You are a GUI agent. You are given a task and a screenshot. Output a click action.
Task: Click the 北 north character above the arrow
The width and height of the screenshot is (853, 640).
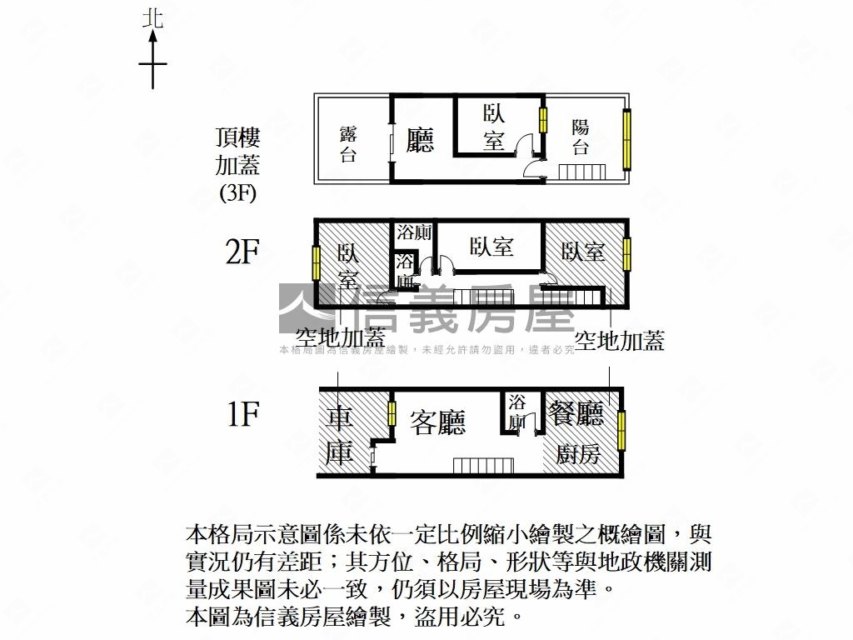(x=152, y=18)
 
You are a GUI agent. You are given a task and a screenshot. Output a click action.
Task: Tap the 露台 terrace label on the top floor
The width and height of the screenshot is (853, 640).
(x=348, y=144)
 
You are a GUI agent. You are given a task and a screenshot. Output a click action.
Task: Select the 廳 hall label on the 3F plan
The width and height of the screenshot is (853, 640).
(x=420, y=138)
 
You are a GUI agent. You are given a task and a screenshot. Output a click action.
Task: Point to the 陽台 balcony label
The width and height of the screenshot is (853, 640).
(x=581, y=137)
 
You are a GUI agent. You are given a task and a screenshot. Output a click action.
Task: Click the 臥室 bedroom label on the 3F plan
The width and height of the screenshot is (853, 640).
(x=494, y=127)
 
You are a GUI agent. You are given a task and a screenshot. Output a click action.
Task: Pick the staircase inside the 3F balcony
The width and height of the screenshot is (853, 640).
(x=581, y=172)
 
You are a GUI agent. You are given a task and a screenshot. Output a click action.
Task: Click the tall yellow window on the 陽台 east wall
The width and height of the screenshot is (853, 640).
(x=626, y=139)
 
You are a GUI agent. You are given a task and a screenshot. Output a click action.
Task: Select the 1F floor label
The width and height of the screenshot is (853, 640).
(x=242, y=413)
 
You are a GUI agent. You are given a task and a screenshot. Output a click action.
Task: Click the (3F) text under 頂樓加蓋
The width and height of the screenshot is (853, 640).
(x=237, y=193)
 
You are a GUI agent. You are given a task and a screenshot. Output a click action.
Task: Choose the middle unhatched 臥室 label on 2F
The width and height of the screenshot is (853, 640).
(x=491, y=247)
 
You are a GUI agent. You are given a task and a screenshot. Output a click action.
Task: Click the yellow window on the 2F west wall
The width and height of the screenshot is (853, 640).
(x=317, y=262)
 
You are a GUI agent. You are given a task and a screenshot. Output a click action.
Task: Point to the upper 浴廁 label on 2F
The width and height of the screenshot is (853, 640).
(x=413, y=232)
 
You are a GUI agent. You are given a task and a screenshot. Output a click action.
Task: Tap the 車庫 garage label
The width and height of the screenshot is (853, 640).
(x=340, y=433)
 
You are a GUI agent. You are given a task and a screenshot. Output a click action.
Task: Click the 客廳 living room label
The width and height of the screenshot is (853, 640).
(x=438, y=422)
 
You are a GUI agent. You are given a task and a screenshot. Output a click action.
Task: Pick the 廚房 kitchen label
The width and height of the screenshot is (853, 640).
(x=577, y=454)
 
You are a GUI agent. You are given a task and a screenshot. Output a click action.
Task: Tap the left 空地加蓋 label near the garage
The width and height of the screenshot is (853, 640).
(x=340, y=338)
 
